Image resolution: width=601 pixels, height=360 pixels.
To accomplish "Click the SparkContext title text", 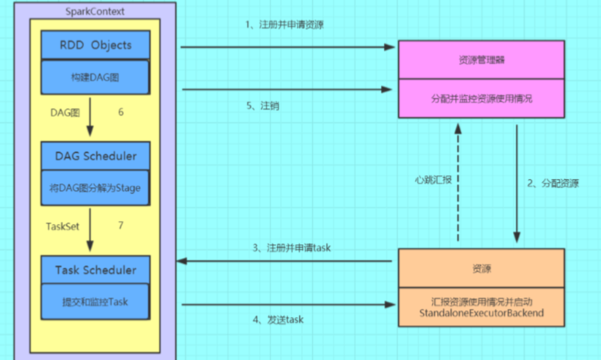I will click(x=95, y=11).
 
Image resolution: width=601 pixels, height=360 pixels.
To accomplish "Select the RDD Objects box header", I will click(x=96, y=45).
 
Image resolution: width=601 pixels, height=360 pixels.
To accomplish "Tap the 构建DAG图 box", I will click(x=95, y=78).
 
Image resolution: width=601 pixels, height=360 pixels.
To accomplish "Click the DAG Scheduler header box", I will click(x=96, y=156).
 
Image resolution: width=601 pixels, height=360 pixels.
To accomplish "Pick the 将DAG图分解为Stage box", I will click(x=95, y=188).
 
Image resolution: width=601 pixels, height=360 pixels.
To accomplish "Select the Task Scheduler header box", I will click(x=96, y=270).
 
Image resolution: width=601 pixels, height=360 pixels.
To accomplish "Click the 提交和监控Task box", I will click(x=95, y=302).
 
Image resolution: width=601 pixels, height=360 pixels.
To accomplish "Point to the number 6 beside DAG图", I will click(x=121, y=112).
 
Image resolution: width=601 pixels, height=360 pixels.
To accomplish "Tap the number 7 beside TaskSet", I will click(x=121, y=225).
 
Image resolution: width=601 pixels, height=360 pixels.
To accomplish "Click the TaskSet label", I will click(x=63, y=226).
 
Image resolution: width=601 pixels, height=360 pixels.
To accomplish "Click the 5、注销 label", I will click(x=263, y=106).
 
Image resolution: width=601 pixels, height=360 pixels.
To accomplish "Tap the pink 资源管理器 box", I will click(x=481, y=60).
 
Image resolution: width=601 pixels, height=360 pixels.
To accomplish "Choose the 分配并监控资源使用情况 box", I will click(x=481, y=99).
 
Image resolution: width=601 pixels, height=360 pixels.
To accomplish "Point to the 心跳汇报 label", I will click(x=433, y=180).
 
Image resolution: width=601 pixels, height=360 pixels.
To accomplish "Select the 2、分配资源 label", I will click(x=553, y=183).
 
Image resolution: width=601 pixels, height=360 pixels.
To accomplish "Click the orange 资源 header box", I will click(x=481, y=269).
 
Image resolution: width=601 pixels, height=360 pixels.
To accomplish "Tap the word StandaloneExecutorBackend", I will click(x=481, y=313).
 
